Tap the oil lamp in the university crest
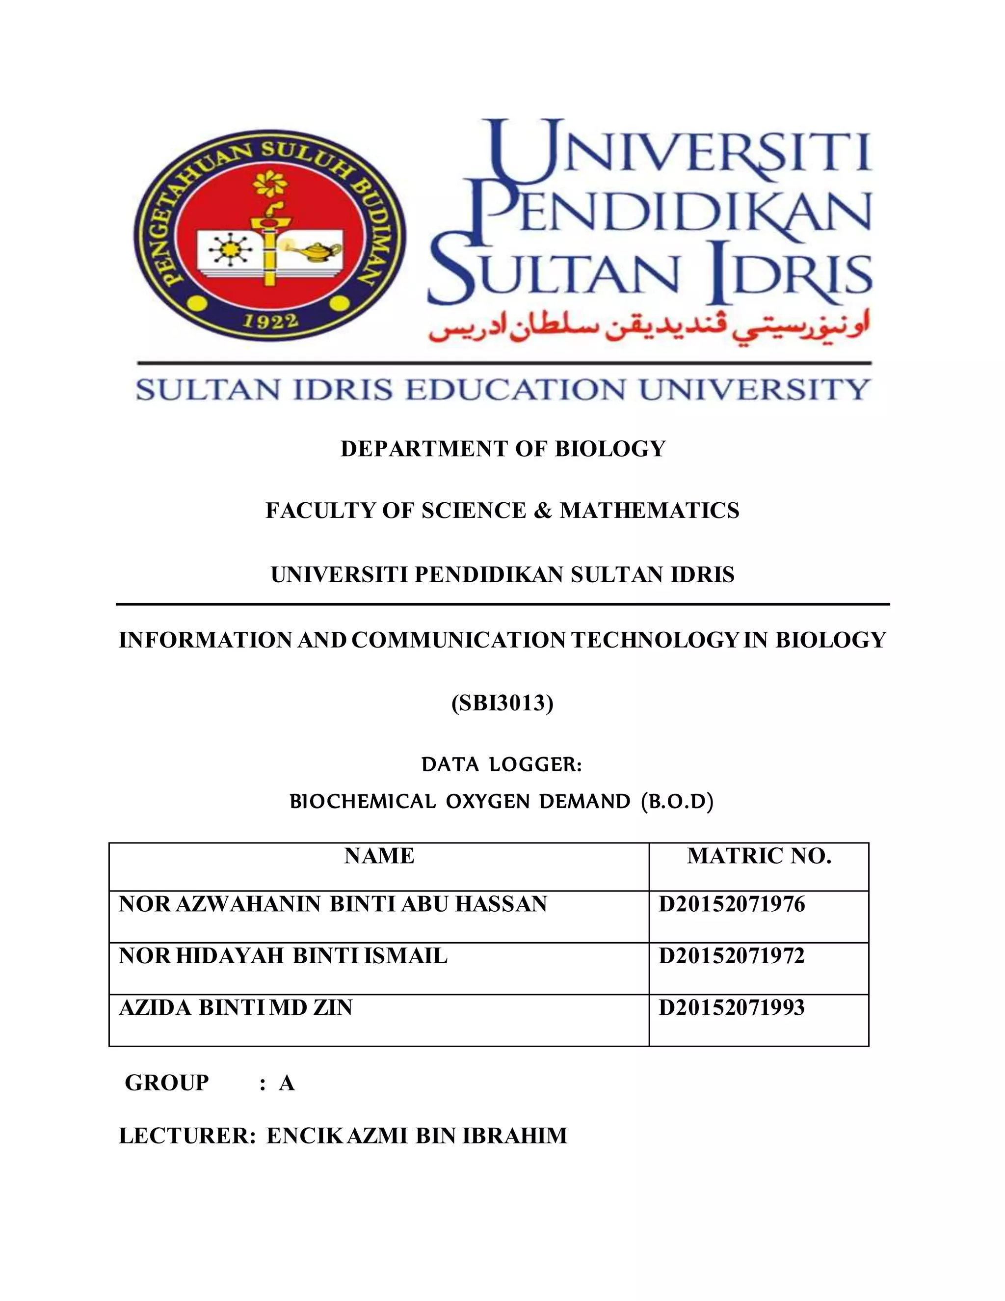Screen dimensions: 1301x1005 click(320, 248)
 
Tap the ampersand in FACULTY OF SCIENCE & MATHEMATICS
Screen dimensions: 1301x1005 click(542, 511)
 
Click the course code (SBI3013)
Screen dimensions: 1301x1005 click(502, 704)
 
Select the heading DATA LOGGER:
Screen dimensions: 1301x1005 click(502, 764)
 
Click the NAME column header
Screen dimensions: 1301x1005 click(379, 856)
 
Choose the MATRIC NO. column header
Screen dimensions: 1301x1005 click(759, 856)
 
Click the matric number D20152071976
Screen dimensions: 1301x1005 click(731, 904)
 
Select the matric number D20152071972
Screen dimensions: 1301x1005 click(731, 956)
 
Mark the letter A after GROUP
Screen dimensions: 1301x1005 click(287, 1083)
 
